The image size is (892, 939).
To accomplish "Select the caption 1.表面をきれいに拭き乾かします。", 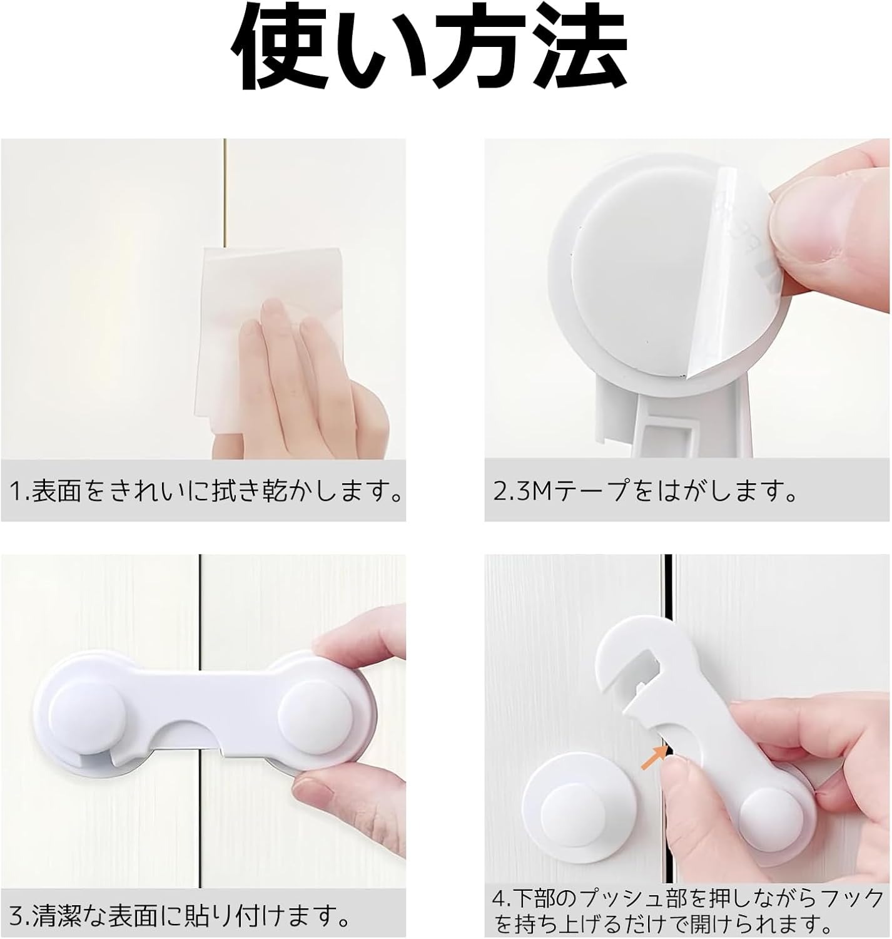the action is pyautogui.click(x=205, y=492).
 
